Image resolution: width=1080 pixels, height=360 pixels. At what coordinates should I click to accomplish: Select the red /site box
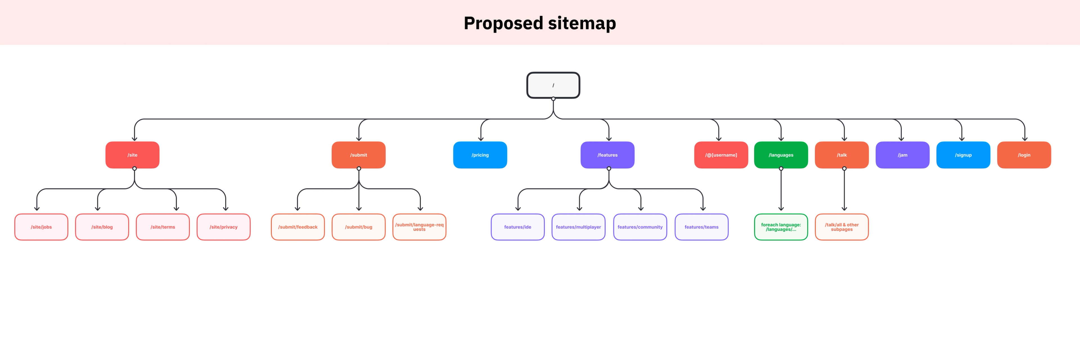pos(132,155)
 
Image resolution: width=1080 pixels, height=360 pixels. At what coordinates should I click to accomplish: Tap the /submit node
pos(359,155)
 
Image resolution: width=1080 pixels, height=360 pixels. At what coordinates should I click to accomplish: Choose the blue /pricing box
pos(480,155)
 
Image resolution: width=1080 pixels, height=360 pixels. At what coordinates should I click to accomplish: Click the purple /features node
pos(607,155)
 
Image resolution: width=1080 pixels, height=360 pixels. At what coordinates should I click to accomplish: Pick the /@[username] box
pos(721,155)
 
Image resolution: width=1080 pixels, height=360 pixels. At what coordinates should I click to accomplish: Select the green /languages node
pos(781,155)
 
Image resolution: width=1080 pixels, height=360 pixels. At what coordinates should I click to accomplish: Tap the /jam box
pos(903,155)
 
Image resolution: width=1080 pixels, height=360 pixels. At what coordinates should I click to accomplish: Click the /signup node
pos(964,155)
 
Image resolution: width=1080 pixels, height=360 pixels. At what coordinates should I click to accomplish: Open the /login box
pos(1024,155)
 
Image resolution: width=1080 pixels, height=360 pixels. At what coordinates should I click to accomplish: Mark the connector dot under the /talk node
pos(844,168)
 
